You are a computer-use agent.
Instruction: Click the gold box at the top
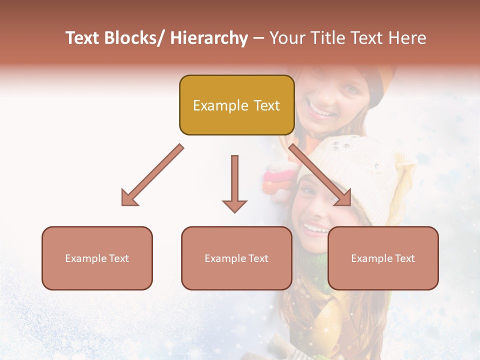click(x=236, y=105)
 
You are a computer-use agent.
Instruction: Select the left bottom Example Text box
click(x=97, y=258)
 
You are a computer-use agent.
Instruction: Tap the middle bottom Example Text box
click(x=236, y=258)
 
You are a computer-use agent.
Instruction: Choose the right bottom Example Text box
click(x=383, y=258)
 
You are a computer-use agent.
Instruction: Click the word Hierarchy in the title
click(x=209, y=38)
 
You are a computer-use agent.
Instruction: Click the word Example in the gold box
click(x=220, y=105)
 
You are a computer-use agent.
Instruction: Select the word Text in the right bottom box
click(x=404, y=258)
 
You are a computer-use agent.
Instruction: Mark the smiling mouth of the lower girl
click(x=316, y=229)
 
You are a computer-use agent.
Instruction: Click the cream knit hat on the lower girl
click(x=360, y=170)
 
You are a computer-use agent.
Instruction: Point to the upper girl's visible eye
click(x=350, y=89)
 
